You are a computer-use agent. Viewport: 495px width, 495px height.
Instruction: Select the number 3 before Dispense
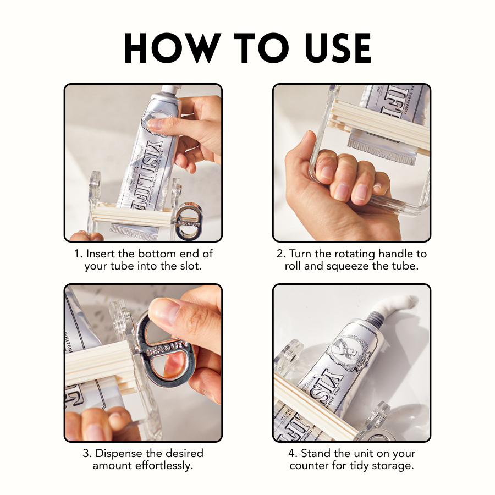(x=86, y=454)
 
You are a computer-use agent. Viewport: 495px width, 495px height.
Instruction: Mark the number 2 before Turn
(x=279, y=254)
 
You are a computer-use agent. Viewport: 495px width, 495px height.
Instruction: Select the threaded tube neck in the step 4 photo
(x=375, y=318)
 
